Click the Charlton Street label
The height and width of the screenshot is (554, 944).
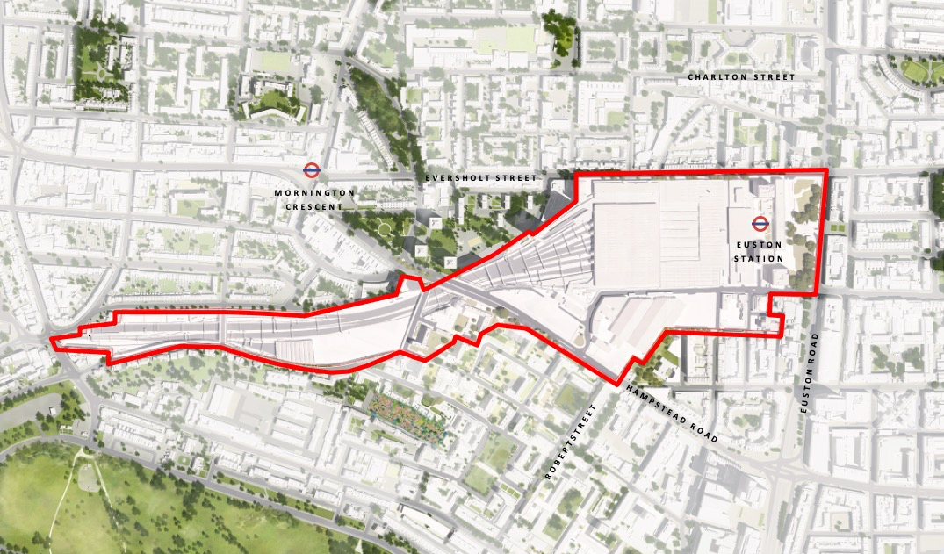pyautogui.click(x=741, y=77)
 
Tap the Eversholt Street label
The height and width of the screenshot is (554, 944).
pyautogui.click(x=480, y=178)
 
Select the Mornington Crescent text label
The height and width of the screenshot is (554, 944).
pyautogui.click(x=314, y=199)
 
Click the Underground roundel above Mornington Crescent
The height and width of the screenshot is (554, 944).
pyautogui.click(x=310, y=170)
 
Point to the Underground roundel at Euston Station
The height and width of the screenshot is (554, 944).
pyautogui.click(x=759, y=223)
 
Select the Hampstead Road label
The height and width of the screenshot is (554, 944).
pyautogui.click(x=673, y=413)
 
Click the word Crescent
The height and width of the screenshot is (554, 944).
pyautogui.click(x=314, y=206)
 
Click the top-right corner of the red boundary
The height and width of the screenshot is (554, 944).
pyautogui.click(x=825, y=171)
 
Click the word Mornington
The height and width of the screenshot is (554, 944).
pyautogui.click(x=314, y=192)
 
